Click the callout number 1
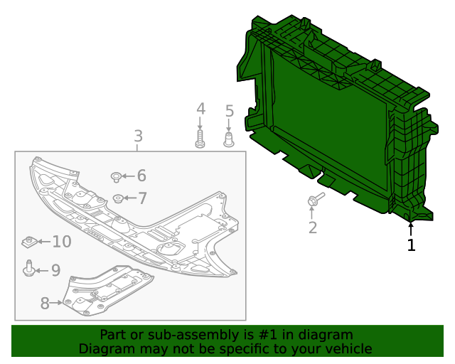(411, 245)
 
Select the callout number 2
(312, 227)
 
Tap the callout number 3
(138, 136)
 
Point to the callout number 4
(200, 109)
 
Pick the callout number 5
(229, 111)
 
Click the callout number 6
(141, 176)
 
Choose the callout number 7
(142, 198)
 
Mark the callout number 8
(45, 304)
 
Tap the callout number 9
(55, 270)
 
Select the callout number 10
(61, 242)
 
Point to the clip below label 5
(229, 138)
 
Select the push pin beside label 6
(115, 176)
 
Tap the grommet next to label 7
(118, 198)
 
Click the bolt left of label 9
(28, 269)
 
